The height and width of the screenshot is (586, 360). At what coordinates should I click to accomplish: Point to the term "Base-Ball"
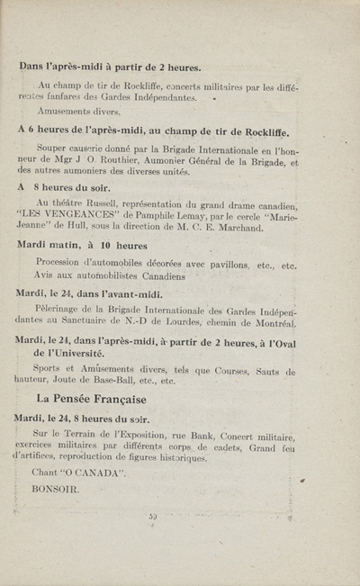coord(112,380)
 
